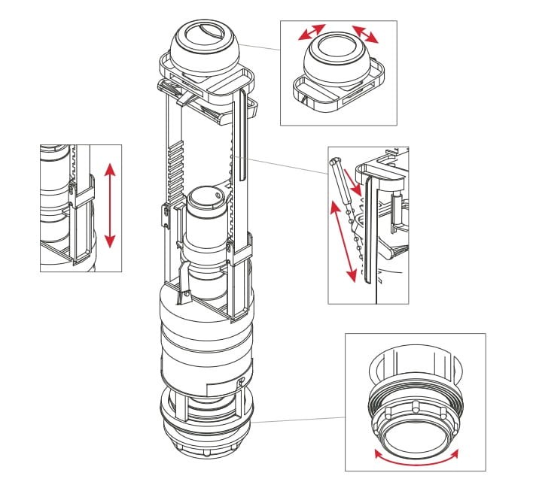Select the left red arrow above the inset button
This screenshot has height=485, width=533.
[311, 33]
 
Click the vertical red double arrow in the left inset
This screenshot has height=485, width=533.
[110, 205]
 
